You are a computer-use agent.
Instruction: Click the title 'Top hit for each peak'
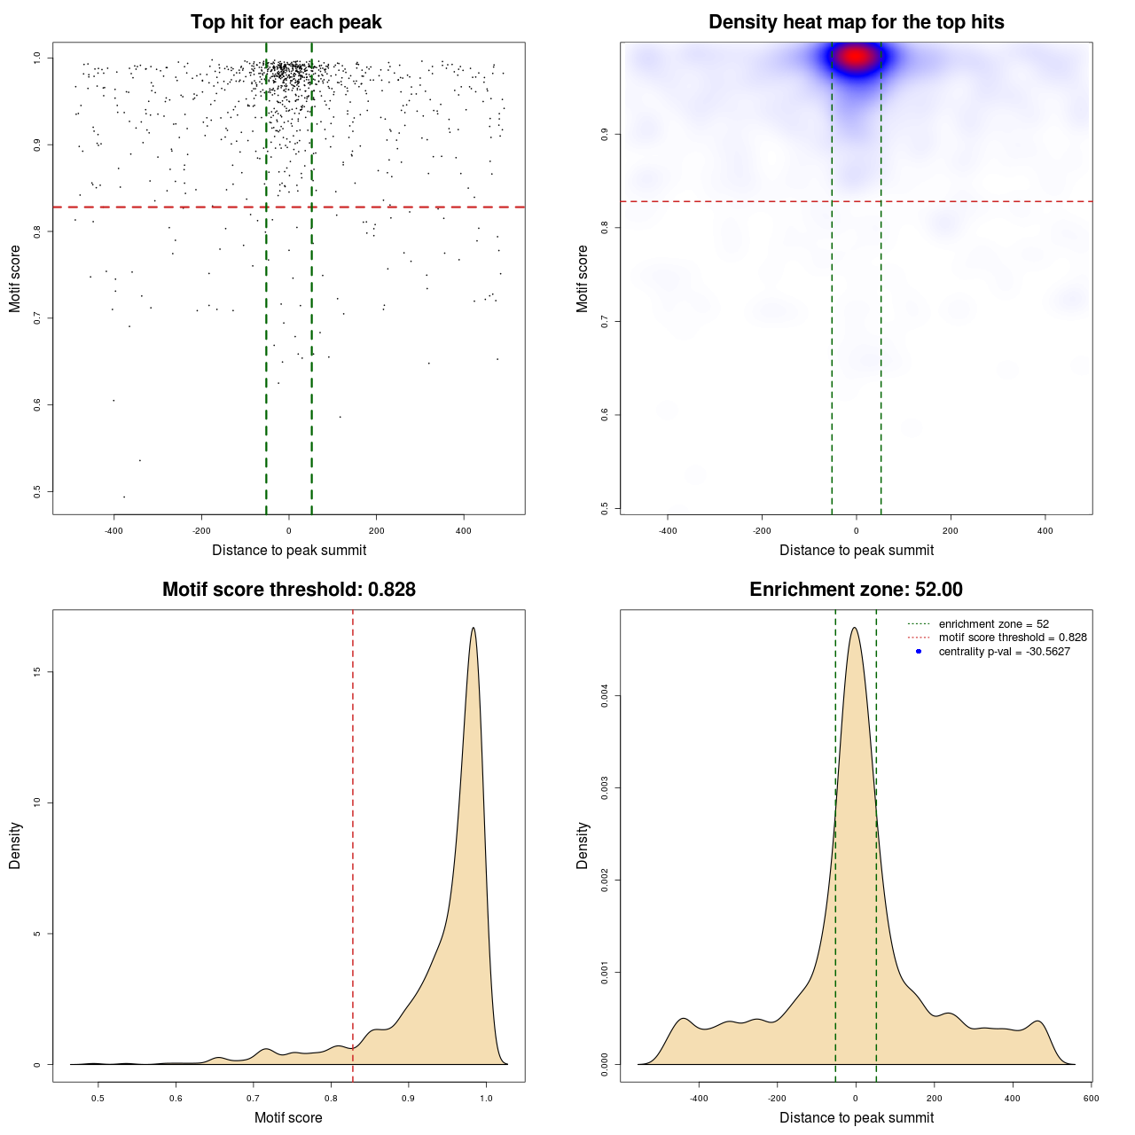286,22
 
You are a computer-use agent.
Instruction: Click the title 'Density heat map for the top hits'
856,22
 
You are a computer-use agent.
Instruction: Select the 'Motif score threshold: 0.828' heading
288,590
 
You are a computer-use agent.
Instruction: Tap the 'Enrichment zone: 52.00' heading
856,590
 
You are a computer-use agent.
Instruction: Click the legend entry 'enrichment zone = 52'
993,624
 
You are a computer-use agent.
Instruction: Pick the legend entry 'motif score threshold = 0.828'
1012,638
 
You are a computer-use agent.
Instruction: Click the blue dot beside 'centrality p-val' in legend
919,652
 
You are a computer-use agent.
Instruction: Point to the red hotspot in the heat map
856,58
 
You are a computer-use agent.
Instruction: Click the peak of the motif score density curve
474,628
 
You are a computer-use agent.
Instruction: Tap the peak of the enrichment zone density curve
854,628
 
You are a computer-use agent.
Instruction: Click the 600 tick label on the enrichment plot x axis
1091,1098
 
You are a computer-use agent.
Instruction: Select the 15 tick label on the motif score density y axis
37,672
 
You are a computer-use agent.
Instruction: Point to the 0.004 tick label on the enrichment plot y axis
605,696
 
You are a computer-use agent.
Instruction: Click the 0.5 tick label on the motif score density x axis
98,1098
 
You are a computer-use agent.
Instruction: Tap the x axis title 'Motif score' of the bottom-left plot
288,1117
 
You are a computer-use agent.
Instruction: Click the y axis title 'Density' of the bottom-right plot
583,845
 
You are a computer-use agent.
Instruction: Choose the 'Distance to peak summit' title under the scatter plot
289,550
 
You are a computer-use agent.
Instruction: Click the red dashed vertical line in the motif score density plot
353,798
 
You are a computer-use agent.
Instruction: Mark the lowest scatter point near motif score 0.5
123,497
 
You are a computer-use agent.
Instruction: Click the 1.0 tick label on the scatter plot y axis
37,58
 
